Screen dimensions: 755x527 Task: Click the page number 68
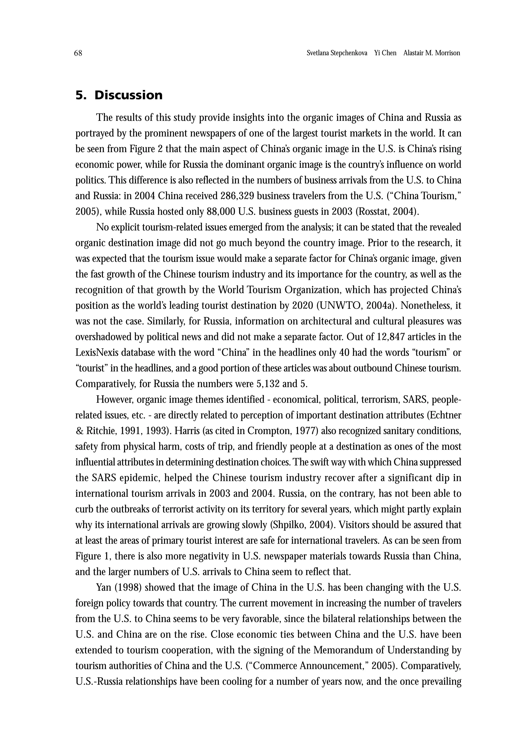tap(78, 53)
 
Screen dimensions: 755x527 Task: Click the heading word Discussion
tap(128, 95)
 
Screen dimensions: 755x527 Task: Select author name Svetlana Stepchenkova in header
tap(337, 53)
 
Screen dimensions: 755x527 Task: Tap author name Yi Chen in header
tap(385, 53)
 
